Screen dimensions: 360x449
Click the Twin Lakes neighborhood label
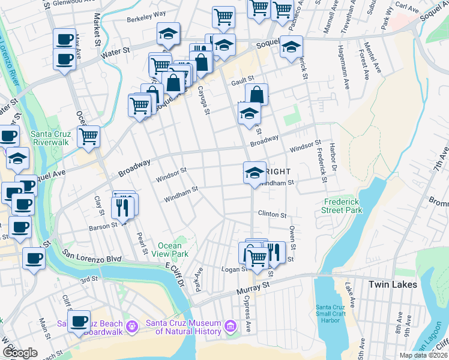(x=392, y=284)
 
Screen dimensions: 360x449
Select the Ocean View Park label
(x=173, y=250)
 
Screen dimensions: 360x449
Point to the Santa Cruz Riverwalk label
(x=35, y=138)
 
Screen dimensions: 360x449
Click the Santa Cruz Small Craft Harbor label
(x=331, y=313)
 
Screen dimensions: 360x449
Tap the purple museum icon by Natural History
(x=230, y=327)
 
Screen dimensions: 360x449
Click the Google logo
(x=20, y=353)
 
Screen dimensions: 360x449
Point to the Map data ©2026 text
(x=424, y=355)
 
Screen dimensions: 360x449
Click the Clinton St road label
(x=272, y=214)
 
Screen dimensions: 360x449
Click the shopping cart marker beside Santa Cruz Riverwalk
(x=88, y=137)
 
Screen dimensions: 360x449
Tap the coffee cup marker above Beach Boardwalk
(x=79, y=320)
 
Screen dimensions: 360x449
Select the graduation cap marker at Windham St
(x=255, y=172)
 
